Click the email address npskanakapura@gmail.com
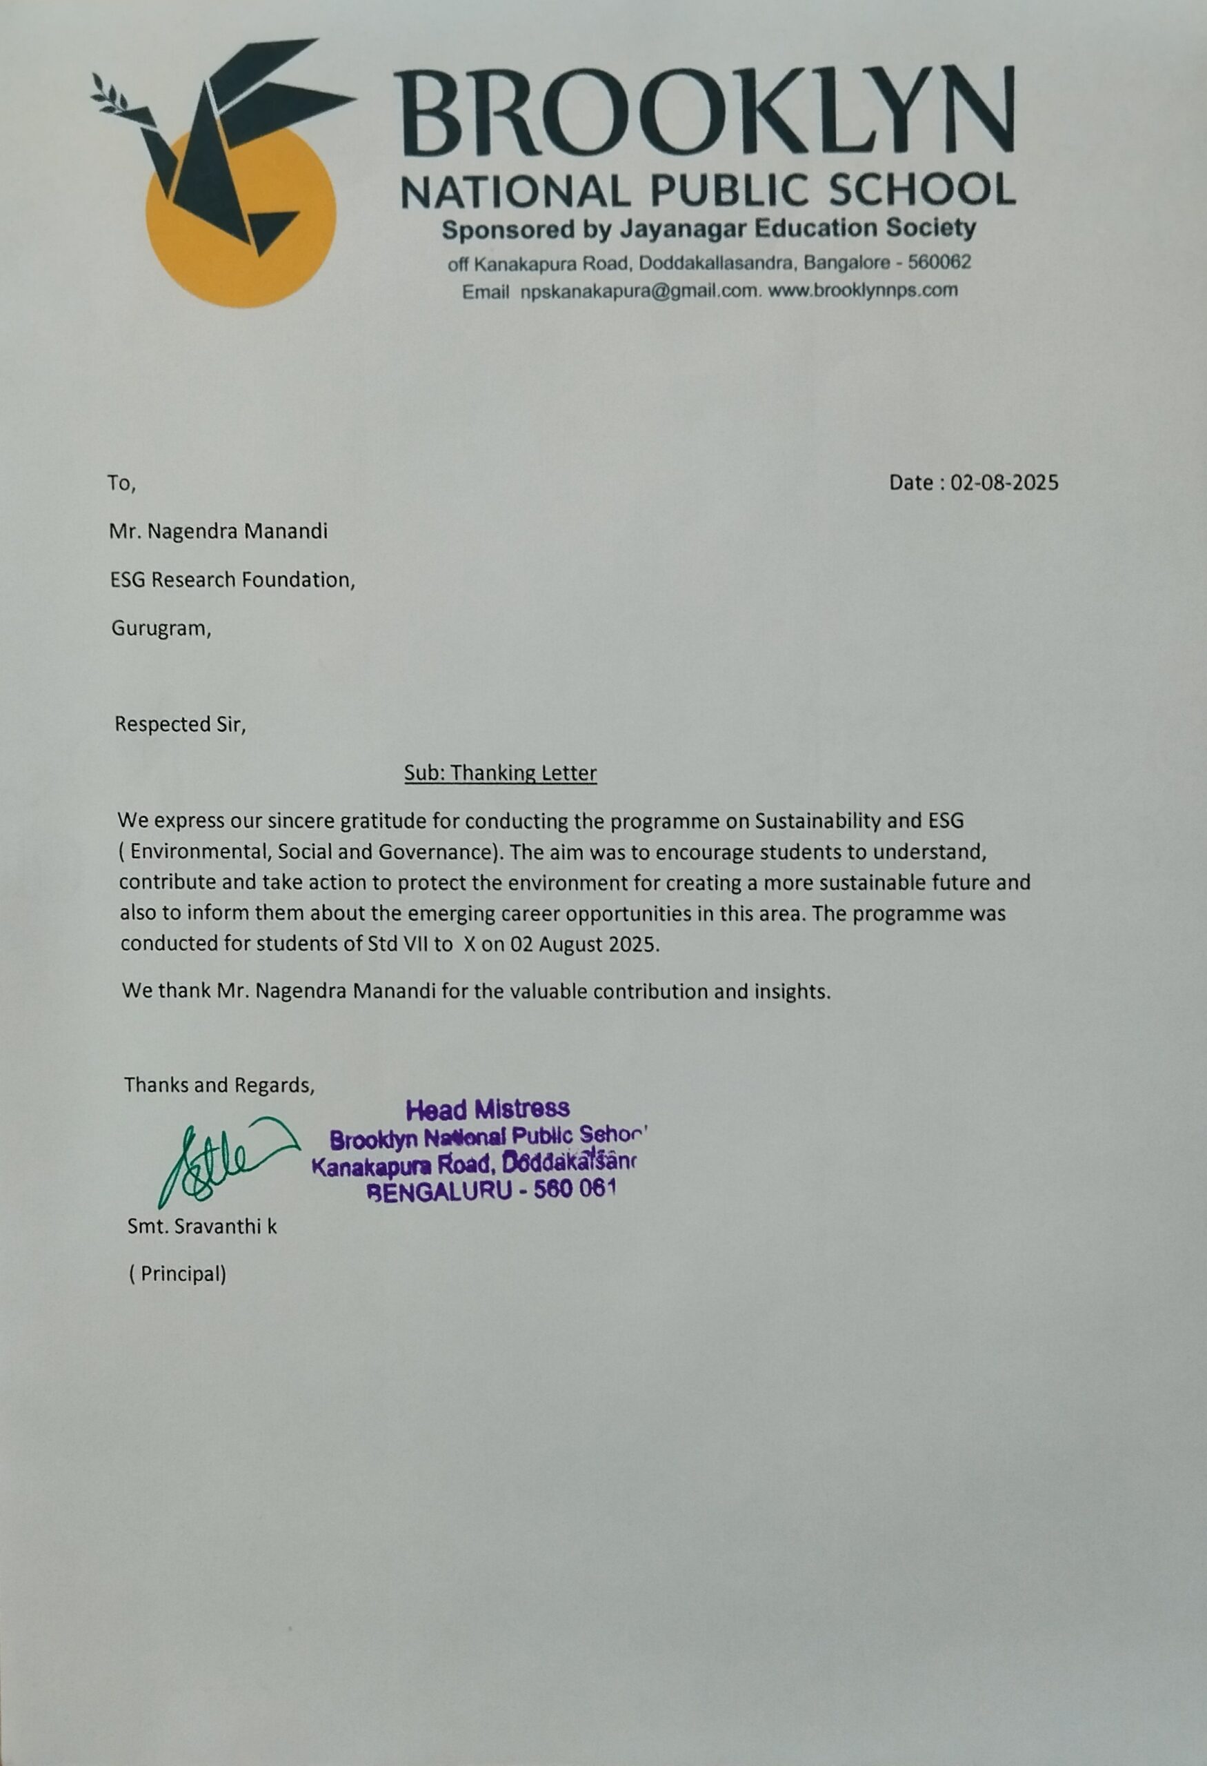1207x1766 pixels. click(639, 291)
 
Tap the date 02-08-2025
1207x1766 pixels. click(1004, 482)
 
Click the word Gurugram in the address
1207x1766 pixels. click(159, 628)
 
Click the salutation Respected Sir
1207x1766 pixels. click(180, 724)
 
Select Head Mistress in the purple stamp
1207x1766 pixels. click(488, 1110)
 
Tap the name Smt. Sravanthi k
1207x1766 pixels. click(202, 1226)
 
